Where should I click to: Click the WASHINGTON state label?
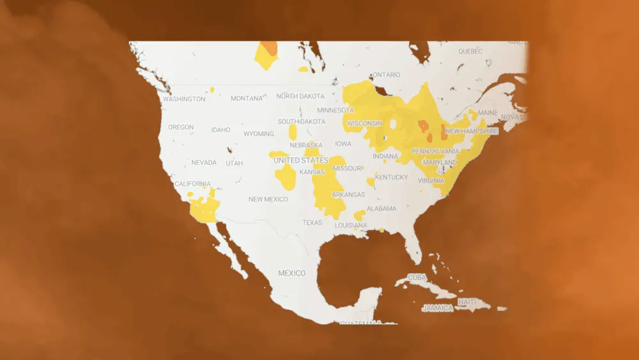(184, 99)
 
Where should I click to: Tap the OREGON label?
(181, 127)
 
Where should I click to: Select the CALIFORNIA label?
(192, 184)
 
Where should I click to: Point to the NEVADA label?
(204, 162)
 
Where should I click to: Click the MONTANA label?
(247, 98)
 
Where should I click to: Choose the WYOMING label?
(259, 134)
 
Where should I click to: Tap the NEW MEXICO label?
(268, 199)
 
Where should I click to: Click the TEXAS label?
(312, 223)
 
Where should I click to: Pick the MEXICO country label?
(291, 273)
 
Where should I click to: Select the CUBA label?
(417, 278)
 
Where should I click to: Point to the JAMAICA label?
(438, 308)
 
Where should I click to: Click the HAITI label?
(467, 301)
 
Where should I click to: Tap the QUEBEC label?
(470, 51)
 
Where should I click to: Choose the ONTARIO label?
(385, 75)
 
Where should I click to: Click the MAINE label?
(488, 113)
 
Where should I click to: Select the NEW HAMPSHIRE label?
(471, 131)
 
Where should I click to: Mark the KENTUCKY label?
(391, 177)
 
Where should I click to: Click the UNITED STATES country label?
(301, 160)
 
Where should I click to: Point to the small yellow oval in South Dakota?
(293, 132)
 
